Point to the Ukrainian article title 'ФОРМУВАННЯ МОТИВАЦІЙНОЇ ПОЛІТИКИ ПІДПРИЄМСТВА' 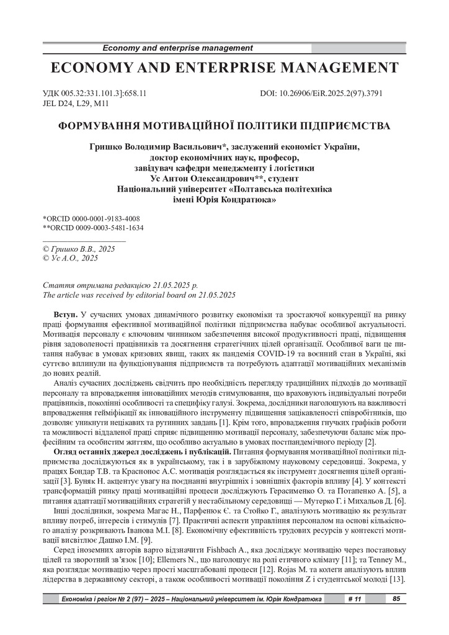tap(224, 126)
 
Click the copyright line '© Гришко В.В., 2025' tap(78, 248)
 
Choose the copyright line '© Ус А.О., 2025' tap(70, 257)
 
